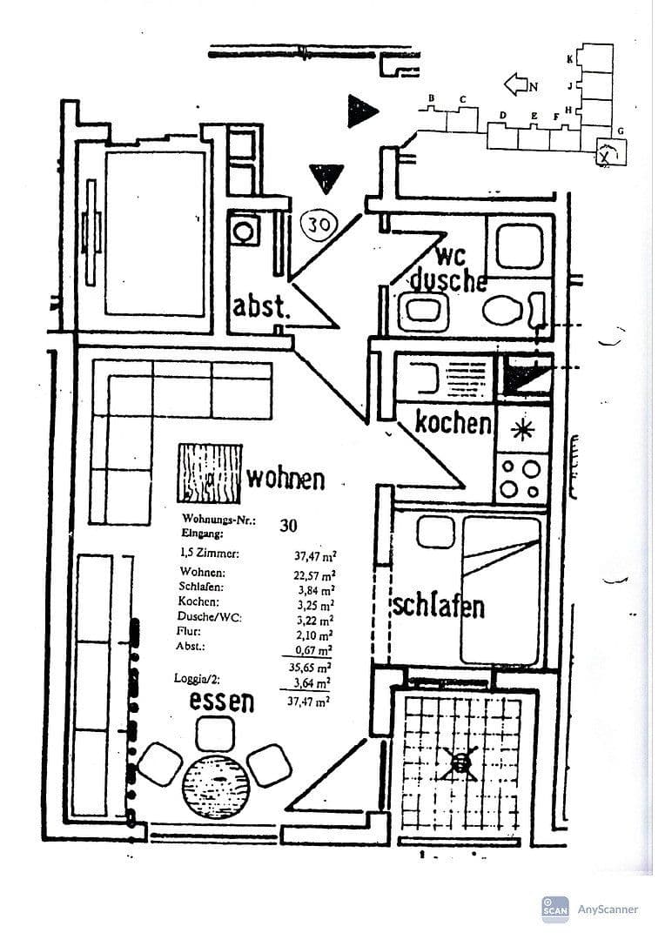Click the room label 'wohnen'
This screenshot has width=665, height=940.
tap(285, 478)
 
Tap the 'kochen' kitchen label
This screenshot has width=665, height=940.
tap(453, 423)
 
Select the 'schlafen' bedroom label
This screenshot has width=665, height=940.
tap(438, 606)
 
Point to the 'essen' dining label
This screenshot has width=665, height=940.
tap(222, 700)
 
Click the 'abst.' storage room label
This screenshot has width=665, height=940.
tap(259, 306)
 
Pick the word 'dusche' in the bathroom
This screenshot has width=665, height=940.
tap(447, 280)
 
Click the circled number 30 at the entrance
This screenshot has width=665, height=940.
tap(319, 225)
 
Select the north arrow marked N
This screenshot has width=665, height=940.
tap(521, 84)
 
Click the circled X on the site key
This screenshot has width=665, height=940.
tap(606, 155)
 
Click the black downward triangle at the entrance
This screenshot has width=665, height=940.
tap(326, 177)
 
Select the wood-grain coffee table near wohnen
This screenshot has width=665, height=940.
tap(210, 473)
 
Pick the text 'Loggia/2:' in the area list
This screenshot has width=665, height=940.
tap(198, 675)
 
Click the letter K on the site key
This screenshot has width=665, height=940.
tap(569, 59)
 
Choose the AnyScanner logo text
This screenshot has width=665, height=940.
tap(608, 910)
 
